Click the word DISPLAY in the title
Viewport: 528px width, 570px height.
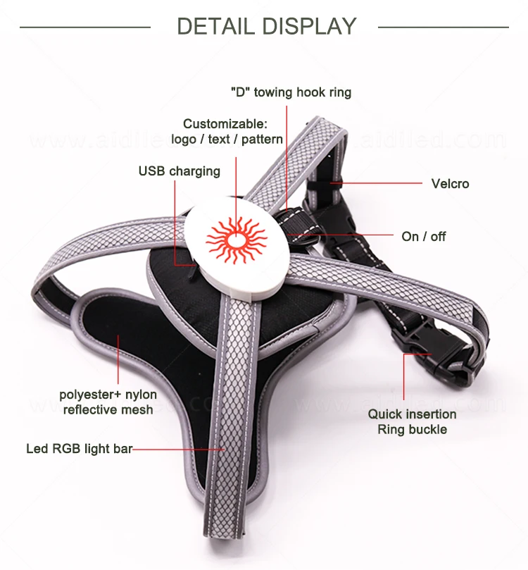(311, 27)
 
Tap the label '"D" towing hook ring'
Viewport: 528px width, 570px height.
(290, 92)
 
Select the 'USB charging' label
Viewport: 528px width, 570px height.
(179, 171)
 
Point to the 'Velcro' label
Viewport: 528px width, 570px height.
(450, 184)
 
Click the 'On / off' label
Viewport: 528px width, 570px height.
(424, 237)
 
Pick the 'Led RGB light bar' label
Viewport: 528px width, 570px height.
(79, 448)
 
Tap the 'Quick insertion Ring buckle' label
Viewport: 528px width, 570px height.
(412, 421)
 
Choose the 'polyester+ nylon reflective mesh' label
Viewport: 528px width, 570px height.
(108, 402)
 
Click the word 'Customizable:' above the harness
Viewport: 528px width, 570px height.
(225, 124)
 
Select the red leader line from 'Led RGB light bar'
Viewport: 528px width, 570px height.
(179, 448)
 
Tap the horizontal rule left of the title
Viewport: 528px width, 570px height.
(84, 27)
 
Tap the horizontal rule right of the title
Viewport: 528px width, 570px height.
(443, 27)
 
